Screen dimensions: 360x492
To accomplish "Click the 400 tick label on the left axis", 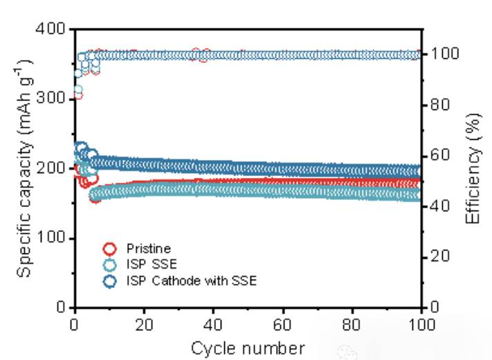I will [50, 30].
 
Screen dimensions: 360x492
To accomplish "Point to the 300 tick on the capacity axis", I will [50, 99].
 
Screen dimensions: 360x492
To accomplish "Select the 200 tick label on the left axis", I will [50, 169].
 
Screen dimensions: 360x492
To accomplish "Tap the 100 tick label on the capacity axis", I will [50, 238].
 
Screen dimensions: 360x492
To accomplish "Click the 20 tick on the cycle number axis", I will [144, 325].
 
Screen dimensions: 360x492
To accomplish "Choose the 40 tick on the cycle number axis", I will [213, 325].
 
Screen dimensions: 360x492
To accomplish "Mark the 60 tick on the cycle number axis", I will [283, 325].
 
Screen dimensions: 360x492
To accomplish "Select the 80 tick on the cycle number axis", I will [352, 325].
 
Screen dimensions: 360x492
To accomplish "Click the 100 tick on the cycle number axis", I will [421, 325].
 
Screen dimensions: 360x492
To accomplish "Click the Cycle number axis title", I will [247, 347].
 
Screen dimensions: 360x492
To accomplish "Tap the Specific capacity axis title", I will [23, 168].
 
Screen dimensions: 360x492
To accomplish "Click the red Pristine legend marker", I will [109, 249].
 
